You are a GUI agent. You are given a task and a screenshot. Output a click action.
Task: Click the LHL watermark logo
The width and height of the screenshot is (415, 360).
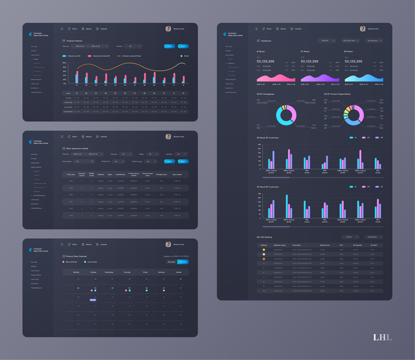tap(382, 337)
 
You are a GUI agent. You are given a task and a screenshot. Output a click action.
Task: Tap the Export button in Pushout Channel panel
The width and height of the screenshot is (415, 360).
tap(184, 46)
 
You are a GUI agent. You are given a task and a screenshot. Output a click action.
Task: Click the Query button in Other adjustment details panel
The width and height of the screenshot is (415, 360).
tap(169, 161)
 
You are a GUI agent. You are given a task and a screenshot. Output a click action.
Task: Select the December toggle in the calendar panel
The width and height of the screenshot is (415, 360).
tap(184, 262)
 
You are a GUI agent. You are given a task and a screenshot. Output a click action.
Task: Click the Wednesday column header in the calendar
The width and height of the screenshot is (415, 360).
tap(109, 272)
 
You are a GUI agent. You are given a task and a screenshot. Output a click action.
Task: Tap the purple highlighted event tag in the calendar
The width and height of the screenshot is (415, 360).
tap(93, 299)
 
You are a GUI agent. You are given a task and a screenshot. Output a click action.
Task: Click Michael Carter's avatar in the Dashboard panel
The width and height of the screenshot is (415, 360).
tap(363, 29)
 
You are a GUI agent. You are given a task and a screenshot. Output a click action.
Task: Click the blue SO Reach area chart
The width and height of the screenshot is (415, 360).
tap(363, 78)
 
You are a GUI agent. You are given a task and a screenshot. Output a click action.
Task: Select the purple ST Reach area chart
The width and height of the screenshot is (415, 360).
tap(318, 78)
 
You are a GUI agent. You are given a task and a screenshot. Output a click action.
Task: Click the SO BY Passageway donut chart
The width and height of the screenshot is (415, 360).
tap(285, 115)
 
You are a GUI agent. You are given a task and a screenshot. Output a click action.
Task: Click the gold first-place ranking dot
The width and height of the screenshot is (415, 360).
tap(264, 250)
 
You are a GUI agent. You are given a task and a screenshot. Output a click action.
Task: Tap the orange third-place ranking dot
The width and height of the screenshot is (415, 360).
tap(264, 259)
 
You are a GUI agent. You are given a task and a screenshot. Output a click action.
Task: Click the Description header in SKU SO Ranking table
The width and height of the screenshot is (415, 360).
tap(297, 245)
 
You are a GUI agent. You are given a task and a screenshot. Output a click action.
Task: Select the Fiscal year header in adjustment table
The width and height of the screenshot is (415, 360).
tap(71, 175)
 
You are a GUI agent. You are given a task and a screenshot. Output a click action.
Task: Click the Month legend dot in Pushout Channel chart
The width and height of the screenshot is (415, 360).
tap(181, 56)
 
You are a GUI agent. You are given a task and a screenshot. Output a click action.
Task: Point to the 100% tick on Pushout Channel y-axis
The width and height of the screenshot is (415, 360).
tap(65, 63)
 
